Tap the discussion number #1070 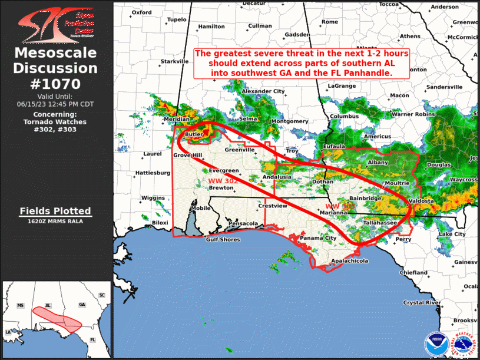click(x=55, y=84)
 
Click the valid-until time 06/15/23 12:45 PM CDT click(x=55, y=104)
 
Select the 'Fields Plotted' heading click(x=55, y=211)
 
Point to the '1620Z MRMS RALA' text click(x=55, y=222)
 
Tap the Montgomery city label click(x=290, y=121)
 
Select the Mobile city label click(x=201, y=208)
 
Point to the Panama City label click(x=318, y=238)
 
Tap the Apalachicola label click(x=349, y=260)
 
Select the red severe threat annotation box click(x=302, y=63)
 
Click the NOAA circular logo click(x=436, y=344)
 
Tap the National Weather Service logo click(x=463, y=344)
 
